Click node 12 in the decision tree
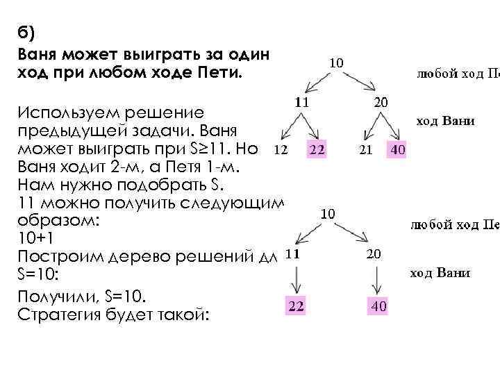click(280, 149)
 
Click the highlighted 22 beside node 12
click(318, 149)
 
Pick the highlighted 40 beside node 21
click(399, 149)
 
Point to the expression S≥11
click(215, 149)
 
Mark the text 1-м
click(229, 167)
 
